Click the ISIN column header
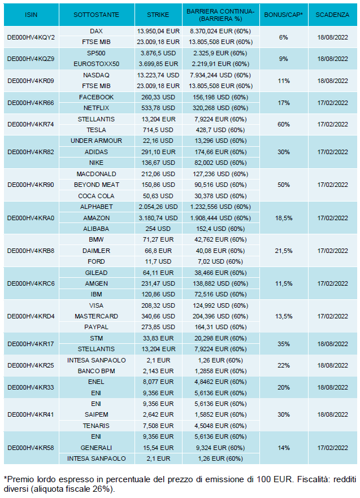pyautogui.click(x=31, y=14)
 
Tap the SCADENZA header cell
pyautogui.click(x=332, y=14)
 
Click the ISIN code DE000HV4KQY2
pyautogui.click(x=31, y=37)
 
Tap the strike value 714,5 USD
pyautogui.click(x=158, y=130)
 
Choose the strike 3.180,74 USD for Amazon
pyautogui.click(x=158, y=218)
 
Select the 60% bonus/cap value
pyautogui.click(x=284, y=124)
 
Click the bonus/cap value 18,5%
pyautogui.click(x=284, y=218)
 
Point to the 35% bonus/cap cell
pyautogui.click(x=284, y=344)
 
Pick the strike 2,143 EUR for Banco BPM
pyautogui.click(x=158, y=371)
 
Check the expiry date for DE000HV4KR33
pyautogui.click(x=332, y=387)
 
